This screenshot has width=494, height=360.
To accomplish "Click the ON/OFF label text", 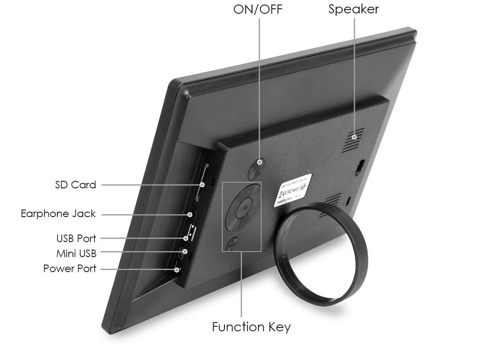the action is pos(258,9).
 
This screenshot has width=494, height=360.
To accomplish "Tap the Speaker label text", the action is pos(353,9).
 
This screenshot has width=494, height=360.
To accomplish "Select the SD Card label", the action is pos(75,185).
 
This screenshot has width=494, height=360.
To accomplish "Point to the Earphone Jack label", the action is pos(58,214).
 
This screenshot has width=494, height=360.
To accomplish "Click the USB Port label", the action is pos(76,238).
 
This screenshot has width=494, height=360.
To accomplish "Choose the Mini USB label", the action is pos(76,253).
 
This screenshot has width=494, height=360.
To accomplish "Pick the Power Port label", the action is pos(70,268).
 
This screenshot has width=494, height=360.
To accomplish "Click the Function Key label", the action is pos(251,327).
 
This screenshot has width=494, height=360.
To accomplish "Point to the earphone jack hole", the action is pos(190,214).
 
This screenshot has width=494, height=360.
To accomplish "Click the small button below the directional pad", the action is pos(232,244).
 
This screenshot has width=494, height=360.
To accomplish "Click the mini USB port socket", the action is pos(183,251).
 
